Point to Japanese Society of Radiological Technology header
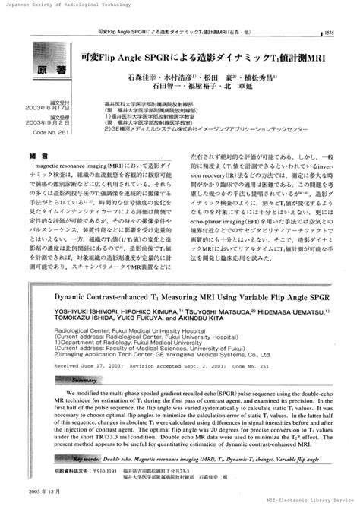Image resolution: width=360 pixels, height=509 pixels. tap(57, 4)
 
